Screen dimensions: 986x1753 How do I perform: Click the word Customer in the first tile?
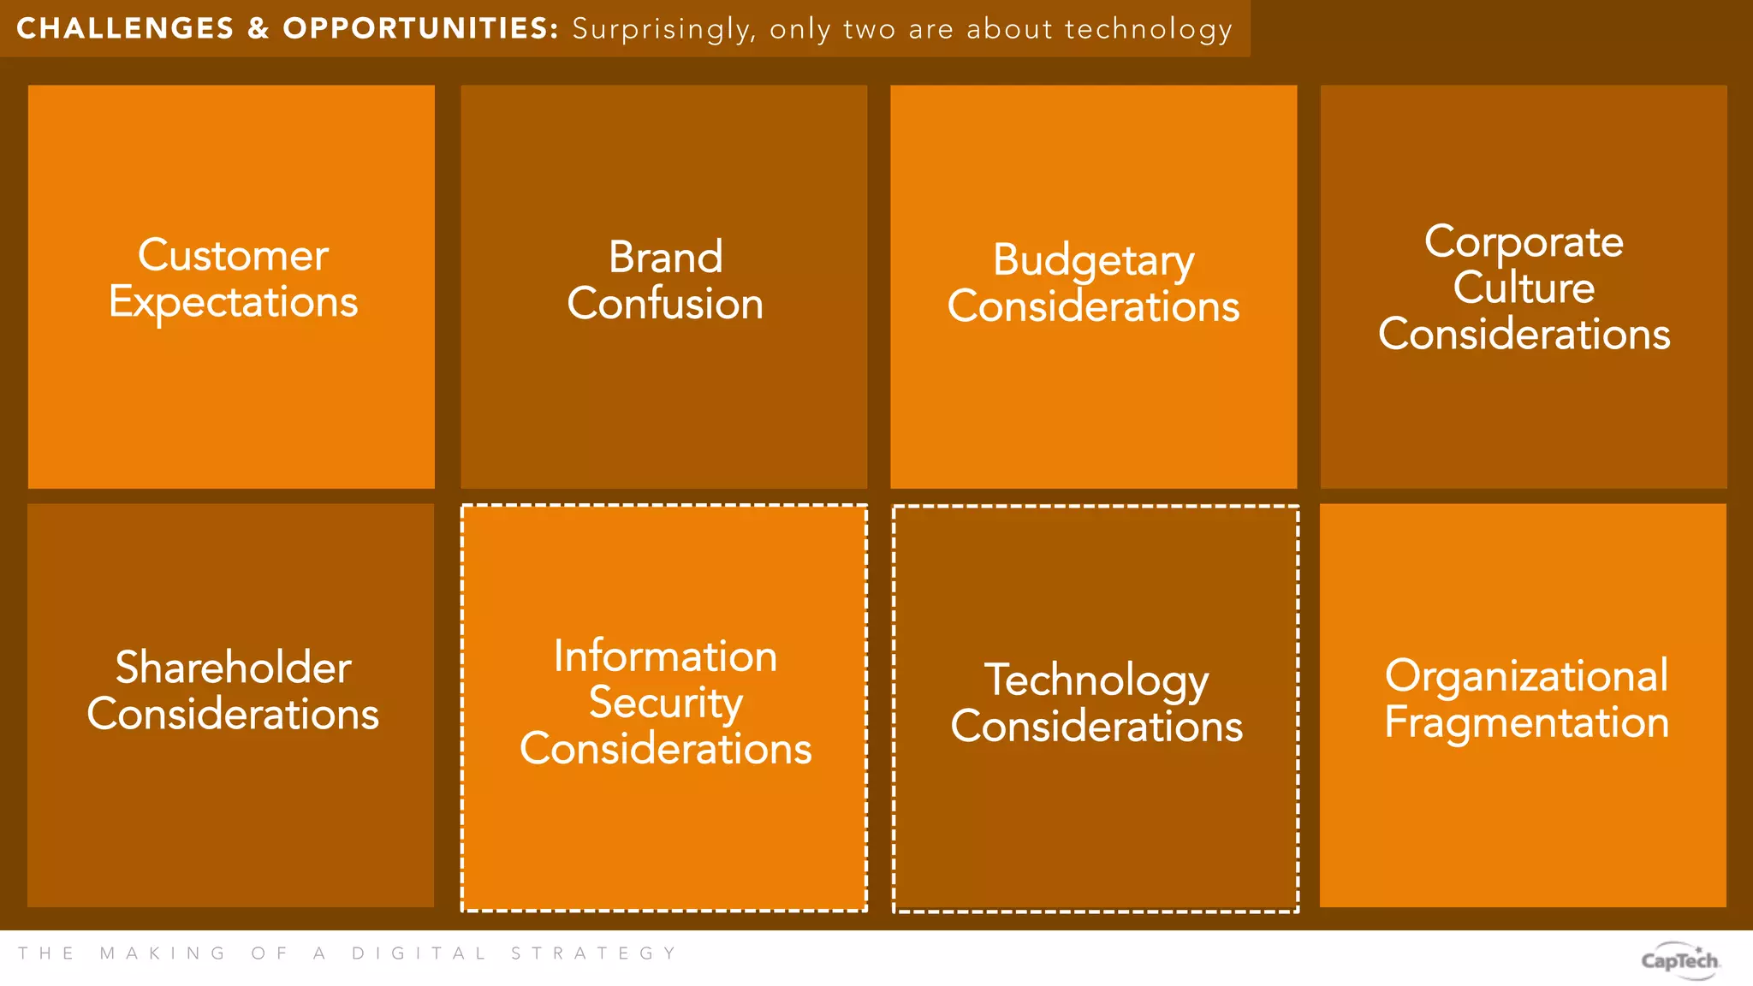233,255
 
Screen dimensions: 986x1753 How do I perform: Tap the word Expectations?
233,303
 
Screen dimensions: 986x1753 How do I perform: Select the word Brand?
665,257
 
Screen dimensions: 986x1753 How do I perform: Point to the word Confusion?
665,304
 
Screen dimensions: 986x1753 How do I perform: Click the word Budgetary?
1093,260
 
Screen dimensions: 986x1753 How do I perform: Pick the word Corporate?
1524,241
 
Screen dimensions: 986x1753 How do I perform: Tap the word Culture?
1524,287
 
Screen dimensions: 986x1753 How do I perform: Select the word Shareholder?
233,668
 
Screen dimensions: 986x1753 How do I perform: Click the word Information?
665,656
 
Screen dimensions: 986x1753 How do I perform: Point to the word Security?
665,704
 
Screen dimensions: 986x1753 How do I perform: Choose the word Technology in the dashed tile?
1096,680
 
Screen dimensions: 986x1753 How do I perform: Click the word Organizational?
1526,676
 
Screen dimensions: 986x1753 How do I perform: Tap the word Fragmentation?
1526,722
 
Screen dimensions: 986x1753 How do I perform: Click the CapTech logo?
1679,959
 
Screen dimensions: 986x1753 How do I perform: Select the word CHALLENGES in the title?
125,28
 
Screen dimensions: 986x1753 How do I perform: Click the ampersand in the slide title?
258,28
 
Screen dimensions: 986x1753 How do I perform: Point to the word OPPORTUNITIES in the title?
420,28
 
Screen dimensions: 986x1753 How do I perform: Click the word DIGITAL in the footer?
419,953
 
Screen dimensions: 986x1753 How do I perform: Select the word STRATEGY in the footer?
593,953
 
